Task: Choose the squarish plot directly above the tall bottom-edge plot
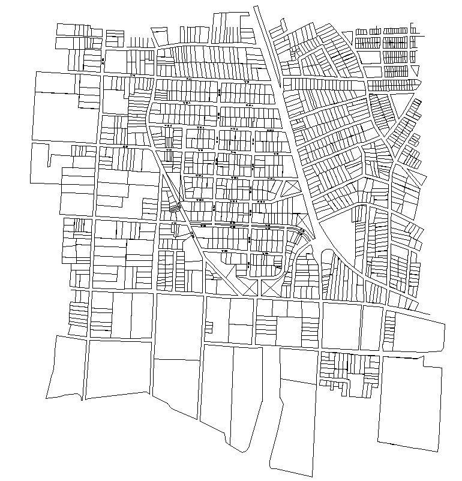pyautogui.click(x=298, y=365)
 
